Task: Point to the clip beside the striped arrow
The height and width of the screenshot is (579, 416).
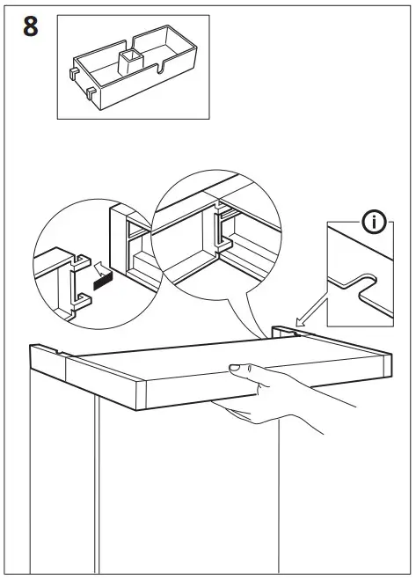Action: tap(76, 281)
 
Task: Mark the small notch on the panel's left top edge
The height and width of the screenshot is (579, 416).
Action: tap(67, 354)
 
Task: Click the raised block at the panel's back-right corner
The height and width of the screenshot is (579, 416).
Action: tap(283, 332)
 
